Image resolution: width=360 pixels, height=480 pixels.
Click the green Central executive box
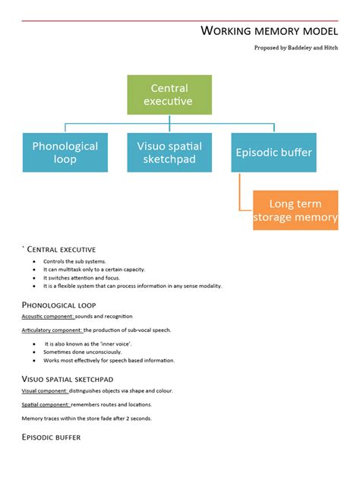169,95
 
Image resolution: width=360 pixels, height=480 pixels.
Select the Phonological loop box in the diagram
65,153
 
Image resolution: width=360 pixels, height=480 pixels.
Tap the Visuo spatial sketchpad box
169,153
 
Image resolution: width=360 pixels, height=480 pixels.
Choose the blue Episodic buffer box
273,153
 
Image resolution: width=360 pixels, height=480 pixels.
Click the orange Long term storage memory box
295,210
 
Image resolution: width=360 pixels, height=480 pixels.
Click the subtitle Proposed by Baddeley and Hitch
295,47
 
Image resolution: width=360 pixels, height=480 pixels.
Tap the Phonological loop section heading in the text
59,305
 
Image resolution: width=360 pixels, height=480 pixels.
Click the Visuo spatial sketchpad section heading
68,378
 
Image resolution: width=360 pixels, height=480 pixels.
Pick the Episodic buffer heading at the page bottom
51,437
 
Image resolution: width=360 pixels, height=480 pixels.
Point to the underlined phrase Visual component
45,390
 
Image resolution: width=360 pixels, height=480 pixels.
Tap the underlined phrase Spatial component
45,405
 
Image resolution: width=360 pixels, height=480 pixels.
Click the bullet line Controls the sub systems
74,261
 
